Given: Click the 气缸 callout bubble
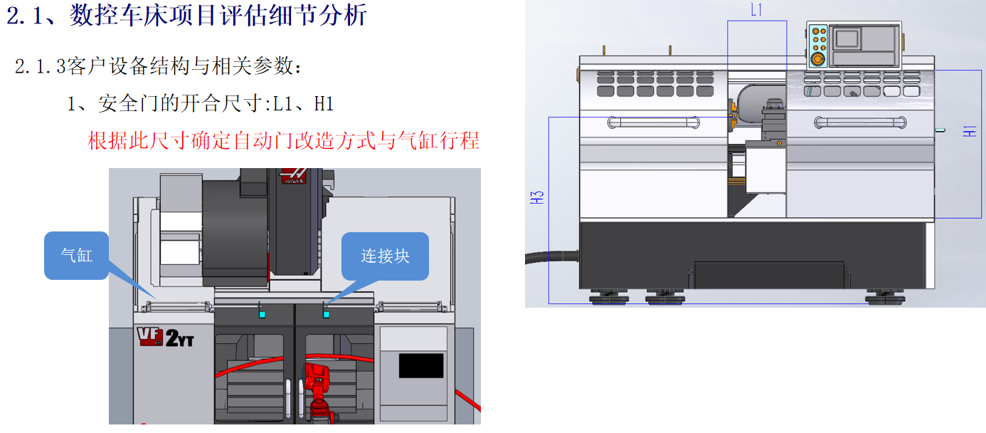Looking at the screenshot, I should (x=76, y=255).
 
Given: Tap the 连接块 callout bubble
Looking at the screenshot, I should (x=385, y=256).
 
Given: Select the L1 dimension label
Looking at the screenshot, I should (x=757, y=9).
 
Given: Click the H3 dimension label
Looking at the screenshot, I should (x=538, y=197).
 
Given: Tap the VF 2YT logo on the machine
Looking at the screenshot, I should (x=166, y=338).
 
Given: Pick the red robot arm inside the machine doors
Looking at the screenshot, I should (x=316, y=388).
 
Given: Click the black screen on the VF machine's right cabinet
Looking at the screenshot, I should (x=420, y=365).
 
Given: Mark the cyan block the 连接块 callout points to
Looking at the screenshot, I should (x=327, y=314).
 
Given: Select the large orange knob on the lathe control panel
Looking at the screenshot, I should (x=817, y=58).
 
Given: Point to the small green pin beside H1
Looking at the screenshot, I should (x=940, y=130).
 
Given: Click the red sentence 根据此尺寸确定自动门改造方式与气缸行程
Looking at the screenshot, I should (x=283, y=140).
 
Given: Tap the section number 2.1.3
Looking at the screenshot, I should (x=41, y=67).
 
